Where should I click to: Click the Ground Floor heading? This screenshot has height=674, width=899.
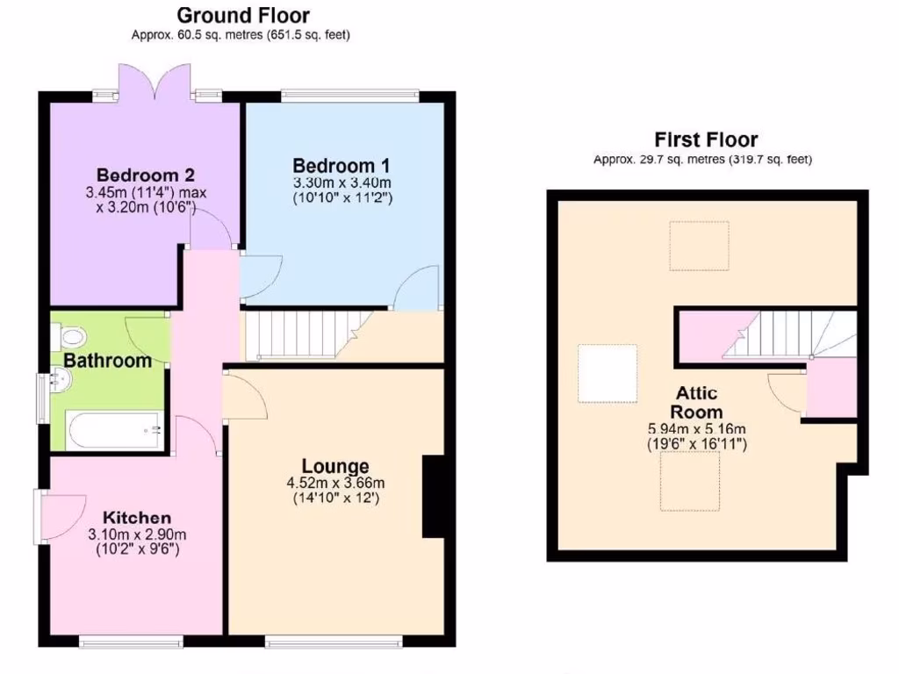[x=242, y=15]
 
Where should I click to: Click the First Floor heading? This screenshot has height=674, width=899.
[x=705, y=140]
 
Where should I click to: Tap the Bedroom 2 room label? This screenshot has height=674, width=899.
[x=145, y=174]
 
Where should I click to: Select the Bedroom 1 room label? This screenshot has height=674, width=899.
[x=342, y=166]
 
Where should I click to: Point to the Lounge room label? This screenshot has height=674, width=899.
[x=335, y=466]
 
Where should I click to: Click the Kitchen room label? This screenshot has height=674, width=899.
[x=136, y=518]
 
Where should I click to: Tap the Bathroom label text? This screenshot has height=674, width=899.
[x=107, y=361]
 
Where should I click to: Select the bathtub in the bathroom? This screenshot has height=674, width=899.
[x=112, y=430]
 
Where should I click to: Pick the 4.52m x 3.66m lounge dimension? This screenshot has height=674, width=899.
[x=335, y=483]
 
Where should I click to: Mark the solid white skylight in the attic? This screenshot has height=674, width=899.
[x=607, y=373]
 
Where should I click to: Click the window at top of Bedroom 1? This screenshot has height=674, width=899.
[x=349, y=96]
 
